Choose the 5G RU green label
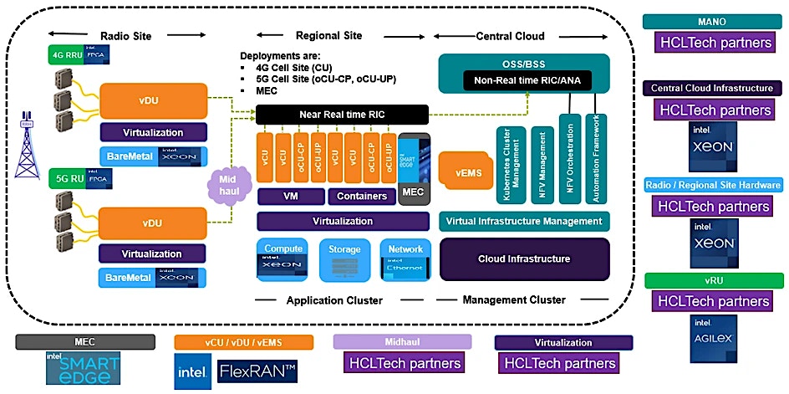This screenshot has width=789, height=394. click(64, 177)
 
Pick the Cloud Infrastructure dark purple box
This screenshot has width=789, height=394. click(524, 258)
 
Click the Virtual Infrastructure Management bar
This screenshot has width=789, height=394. click(524, 221)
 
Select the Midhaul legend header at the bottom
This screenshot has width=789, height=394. click(402, 342)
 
